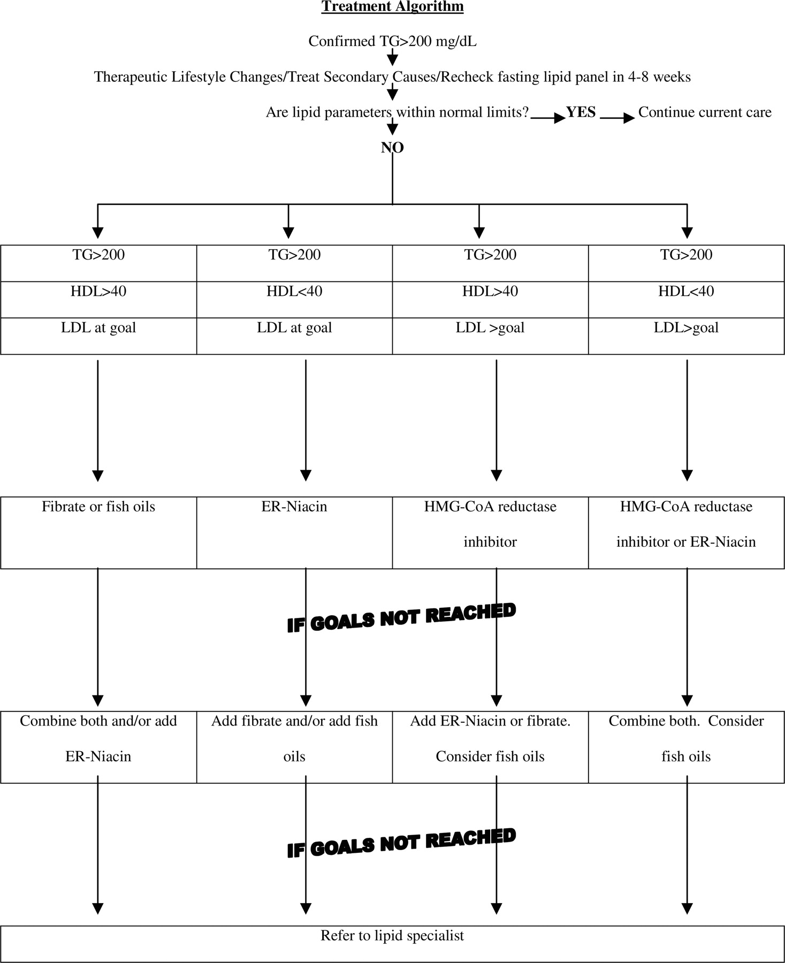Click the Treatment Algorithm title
point(392,6)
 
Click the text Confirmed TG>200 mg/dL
point(392,41)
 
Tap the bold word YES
point(581,112)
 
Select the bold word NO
point(392,148)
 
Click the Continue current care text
point(705,112)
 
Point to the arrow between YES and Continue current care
point(618,118)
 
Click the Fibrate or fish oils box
point(98,533)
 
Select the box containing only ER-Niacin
point(294,533)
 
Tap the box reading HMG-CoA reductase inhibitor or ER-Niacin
point(687,533)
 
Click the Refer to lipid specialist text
point(392,935)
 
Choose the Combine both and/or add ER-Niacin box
point(98,747)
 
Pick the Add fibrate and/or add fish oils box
point(294,747)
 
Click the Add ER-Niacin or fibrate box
point(490,747)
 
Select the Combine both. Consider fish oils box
point(687,747)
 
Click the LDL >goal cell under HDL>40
point(490,336)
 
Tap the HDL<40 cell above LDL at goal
point(294,300)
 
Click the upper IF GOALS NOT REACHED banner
point(401,618)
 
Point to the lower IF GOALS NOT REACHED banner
point(401,843)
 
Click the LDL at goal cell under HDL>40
point(98,336)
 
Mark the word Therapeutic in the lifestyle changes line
point(131,77)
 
